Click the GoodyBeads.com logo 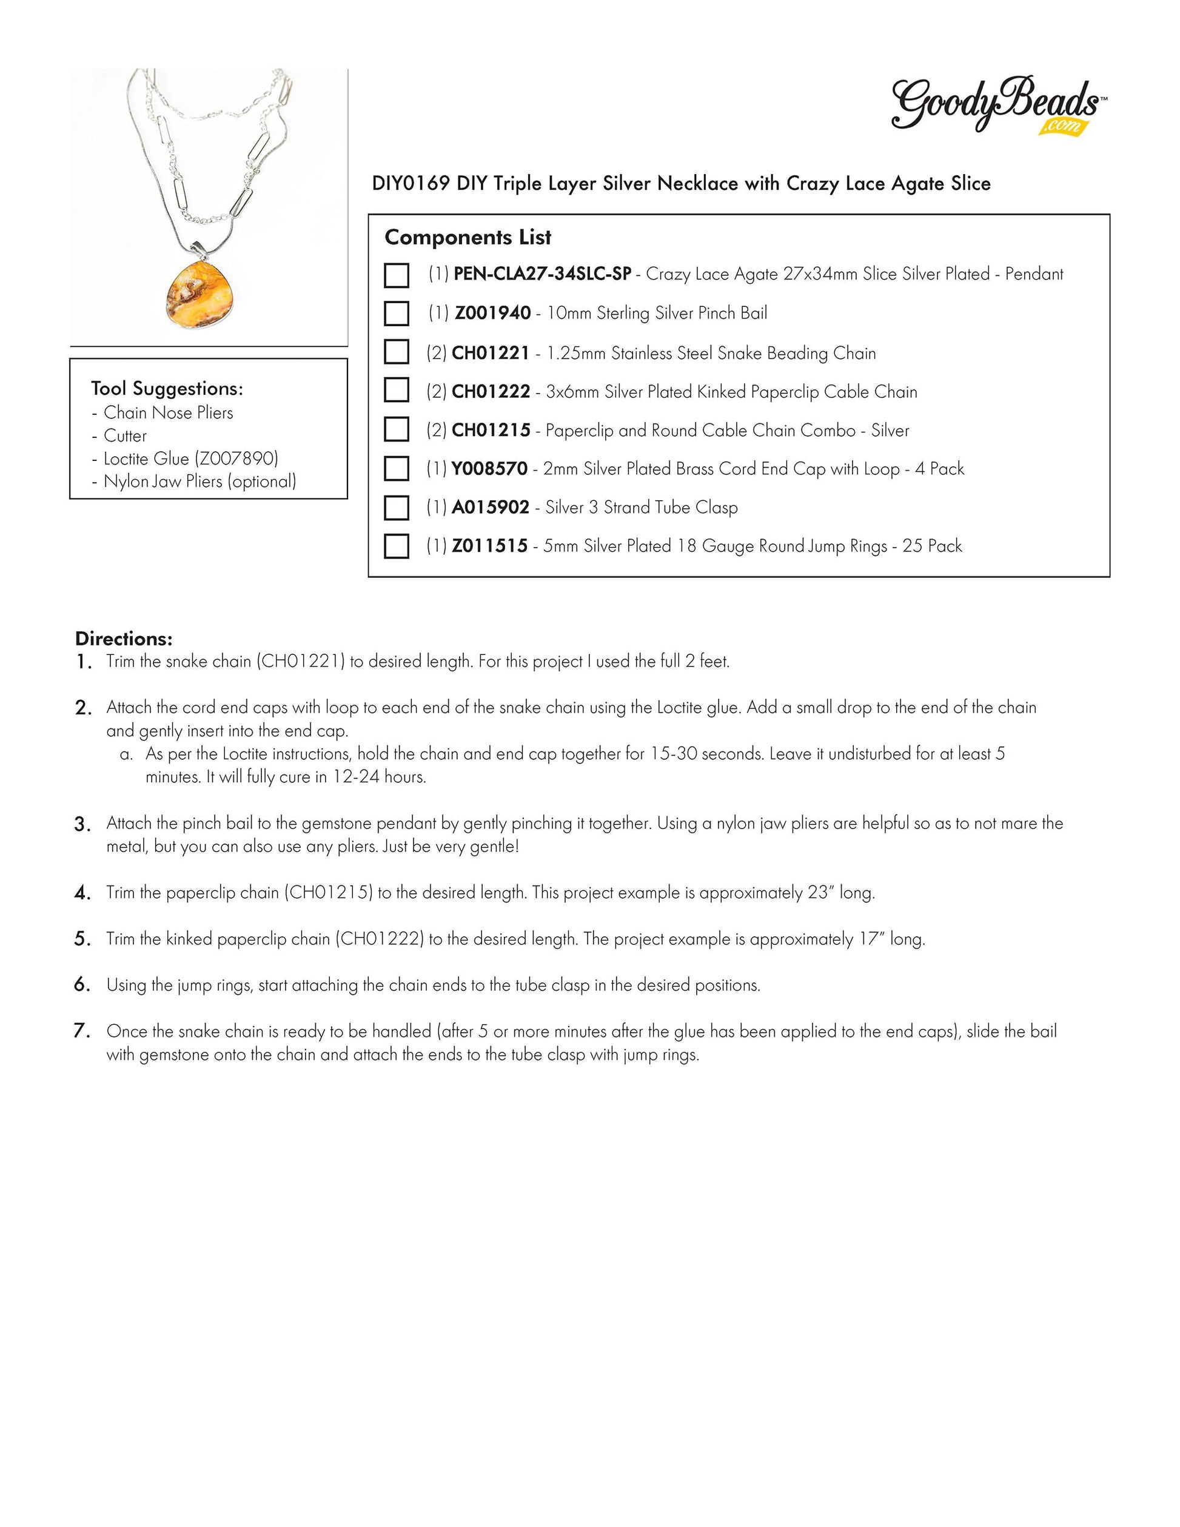pyautogui.click(x=997, y=105)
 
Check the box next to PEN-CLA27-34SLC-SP pyautogui.click(x=397, y=275)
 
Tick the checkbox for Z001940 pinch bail pyautogui.click(x=397, y=314)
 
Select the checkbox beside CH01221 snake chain pyautogui.click(x=397, y=352)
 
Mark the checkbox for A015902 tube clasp pyautogui.click(x=397, y=508)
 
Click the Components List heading pyautogui.click(x=468, y=238)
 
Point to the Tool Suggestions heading pyautogui.click(x=167, y=389)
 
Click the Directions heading pyautogui.click(x=124, y=639)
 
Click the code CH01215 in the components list pyautogui.click(x=491, y=431)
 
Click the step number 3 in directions pyautogui.click(x=82, y=825)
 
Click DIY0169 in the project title pyautogui.click(x=411, y=184)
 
